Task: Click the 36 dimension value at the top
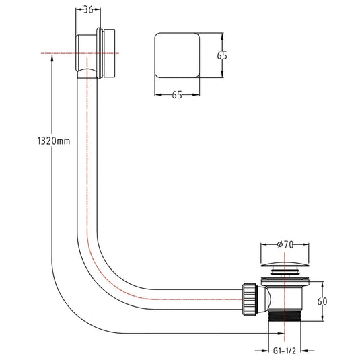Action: pyautogui.click(x=88, y=10)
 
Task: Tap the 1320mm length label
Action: pyautogui.click(x=53, y=141)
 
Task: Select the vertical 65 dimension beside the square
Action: pyautogui.click(x=222, y=56)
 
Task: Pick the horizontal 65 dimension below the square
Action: pyautogui.click(x=177, y=95)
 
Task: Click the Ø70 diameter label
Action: pyautogui.click(x=285, y=244)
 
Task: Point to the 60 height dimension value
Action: pyautogui.click(x=322, y=301)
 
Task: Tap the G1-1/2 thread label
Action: pyautogui.click(x=285, y=351)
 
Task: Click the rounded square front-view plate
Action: pyautogui.click(x=177, y=55)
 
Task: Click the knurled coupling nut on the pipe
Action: pyautogui.click(x=250, y=299)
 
